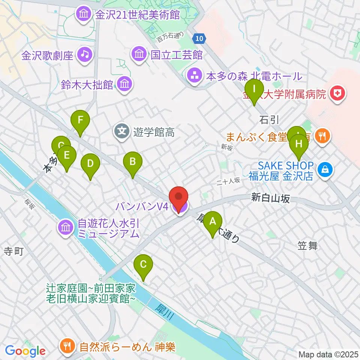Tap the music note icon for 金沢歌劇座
click(x=85, y=55)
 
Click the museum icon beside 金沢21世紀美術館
click(x=83, y=15)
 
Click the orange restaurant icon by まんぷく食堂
click(x=322, y=135)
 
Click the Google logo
click(x=25, y=351)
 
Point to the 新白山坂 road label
click(x=270, y=198)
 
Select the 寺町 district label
click(x=14, y=251)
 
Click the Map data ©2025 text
click(x=328, y=354)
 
